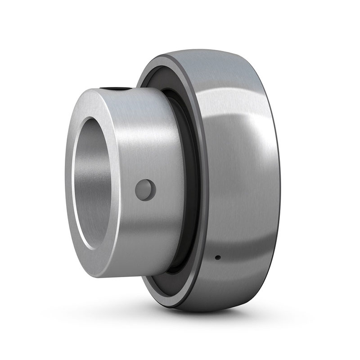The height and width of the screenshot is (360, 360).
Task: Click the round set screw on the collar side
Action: click(x=145, y=189)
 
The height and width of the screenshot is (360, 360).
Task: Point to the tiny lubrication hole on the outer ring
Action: click(x=217, y=258)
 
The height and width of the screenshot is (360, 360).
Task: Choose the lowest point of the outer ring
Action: click(x=202, y=311)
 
